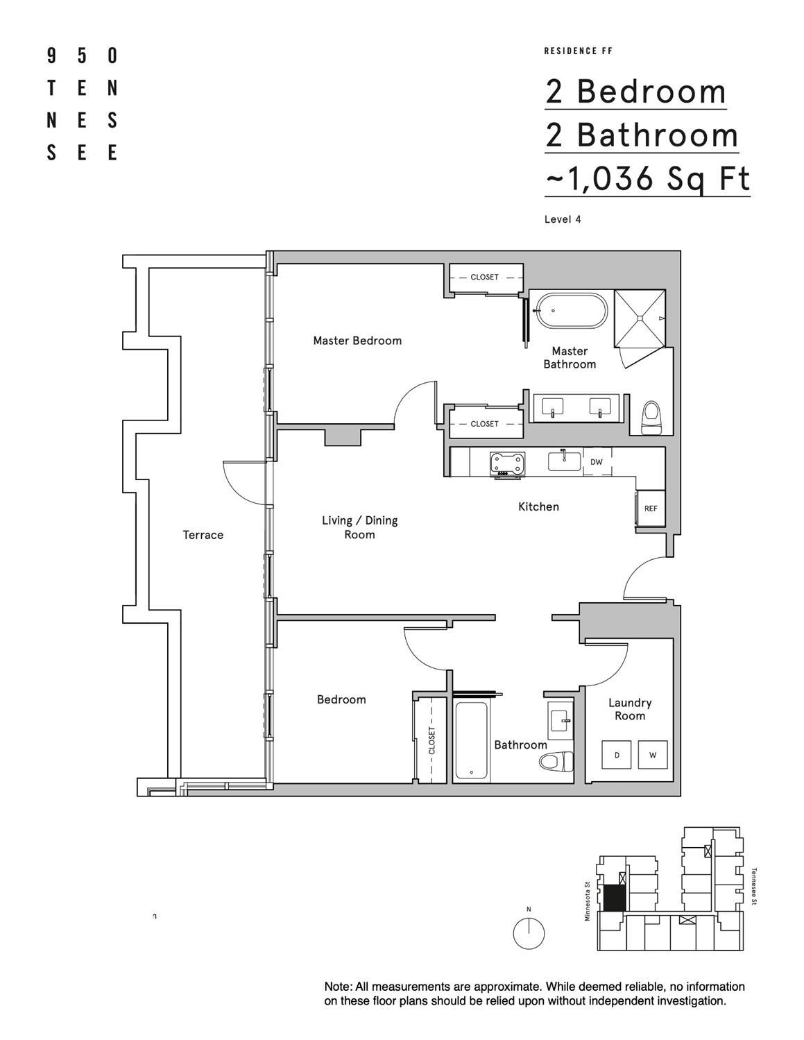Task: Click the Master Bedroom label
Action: pyautogui.click(x=357, y=341)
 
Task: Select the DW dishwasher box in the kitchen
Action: pyautogui.click(x=596, y=462)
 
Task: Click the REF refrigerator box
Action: pyautogui.click(x=651, y=509)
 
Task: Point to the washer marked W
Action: pyautogui.click(x=652, y=755)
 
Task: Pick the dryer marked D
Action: pyautogui.click(x=617, y=755)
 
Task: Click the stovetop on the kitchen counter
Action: pyautogui.click(x=507, y=464)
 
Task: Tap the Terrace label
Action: pyautogui.click(x=203, y=535)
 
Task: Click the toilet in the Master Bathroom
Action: pyautogui.click(x=652, y=418)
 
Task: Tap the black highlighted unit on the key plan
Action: pyautogui.click(x=613, y=898)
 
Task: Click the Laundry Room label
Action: pyautogui.click(x=630, y=709)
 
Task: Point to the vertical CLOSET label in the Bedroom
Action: pyautogui.click(x=431, y=741)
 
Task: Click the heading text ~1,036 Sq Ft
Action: pyautogui.click(x=647, y=178)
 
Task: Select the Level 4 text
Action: pyautogui.click(x=563, y=219)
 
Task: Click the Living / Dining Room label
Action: pyautogui.click(x=359, y=527)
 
